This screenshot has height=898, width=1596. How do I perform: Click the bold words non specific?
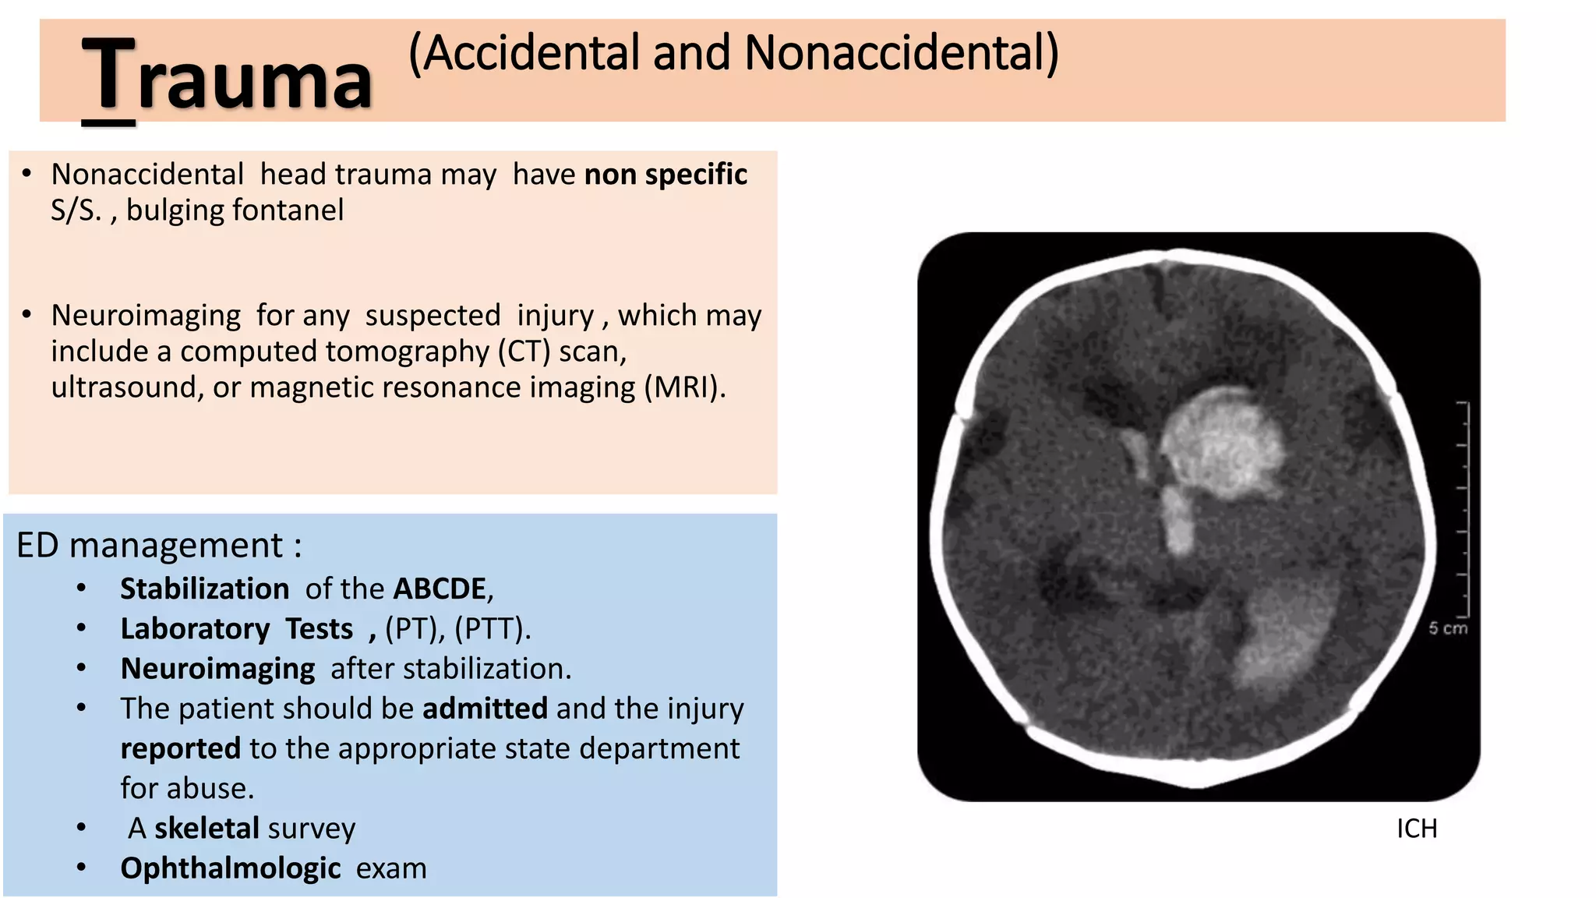click(x=666, y=175)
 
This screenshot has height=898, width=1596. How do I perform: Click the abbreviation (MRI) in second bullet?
click(x=684, y=387)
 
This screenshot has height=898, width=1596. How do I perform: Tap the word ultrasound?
click(x=123, y=387)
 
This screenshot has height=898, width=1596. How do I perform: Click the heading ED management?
click(x=158, y=545)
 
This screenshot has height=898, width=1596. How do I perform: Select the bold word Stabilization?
click(x=204, y=589)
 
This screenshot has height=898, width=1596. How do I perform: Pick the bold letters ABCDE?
click(x=440, y=589)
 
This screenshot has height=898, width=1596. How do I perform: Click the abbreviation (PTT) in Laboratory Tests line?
click(x=491, y=628)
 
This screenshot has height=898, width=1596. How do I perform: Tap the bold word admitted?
click(x=485, y=709)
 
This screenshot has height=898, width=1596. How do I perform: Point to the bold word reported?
click(x=180, y=748)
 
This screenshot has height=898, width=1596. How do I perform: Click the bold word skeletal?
click(x=207, y=828)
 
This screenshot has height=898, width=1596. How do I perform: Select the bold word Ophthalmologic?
click(x=230, y=868)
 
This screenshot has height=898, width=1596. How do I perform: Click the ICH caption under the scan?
click(x=1416, y=829)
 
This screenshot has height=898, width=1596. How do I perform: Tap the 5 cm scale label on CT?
click(x=1447, y=628)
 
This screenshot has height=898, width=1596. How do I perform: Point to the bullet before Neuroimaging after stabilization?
click(x=82, y=669)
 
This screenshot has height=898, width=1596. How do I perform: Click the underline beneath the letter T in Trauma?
click(x=108, y=122)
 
